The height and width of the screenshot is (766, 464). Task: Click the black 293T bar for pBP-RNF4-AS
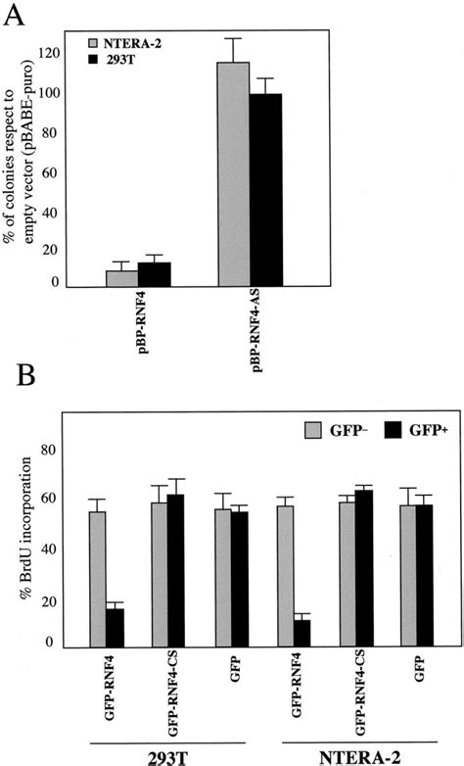[x=266, y=190]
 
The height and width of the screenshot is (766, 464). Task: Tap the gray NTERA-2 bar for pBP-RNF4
[x=121, y=278]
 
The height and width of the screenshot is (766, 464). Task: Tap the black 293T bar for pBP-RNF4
[x=154, y=274]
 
